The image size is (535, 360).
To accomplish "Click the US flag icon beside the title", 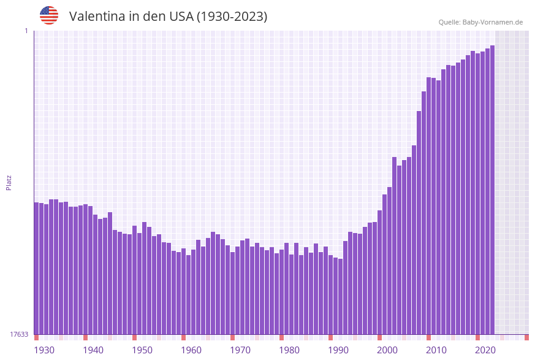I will pyautogui.click(x=49, y=15).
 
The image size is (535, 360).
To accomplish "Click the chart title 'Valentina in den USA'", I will pyautogui.click(x=168, y=17).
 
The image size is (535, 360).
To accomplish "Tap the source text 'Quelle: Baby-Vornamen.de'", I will pyautogui.click(x=480, y=22).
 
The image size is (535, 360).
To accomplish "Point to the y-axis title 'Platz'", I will pyautogui.click(x=9, y=182).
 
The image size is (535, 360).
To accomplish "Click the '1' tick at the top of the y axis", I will pyautogui.click(x=26, y=31).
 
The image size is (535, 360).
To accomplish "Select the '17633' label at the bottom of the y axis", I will pyautogui.click(x=19, y=334).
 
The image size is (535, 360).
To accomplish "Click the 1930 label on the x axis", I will pyautogui.click(x=44, y=350).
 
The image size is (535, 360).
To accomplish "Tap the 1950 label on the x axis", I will pyautogui.click(x=142, y=350).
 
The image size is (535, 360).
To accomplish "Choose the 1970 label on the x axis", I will pyautogui.click(x=240, y=350).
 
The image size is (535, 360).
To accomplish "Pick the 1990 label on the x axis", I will pyautogui.click(x=338, y=350).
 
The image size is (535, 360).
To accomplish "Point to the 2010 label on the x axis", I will pyautogui.click(x=436, y=350).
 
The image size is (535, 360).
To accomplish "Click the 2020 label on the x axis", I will pyautogui.click(x=485, y=350).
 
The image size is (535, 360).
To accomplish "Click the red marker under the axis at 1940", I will pyautogui.click(x=85, y=337).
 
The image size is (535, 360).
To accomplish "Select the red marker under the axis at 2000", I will pyautogui.click(x=379, y=337).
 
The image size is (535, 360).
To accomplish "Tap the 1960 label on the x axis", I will pyautogui.click(x=191, y=350).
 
